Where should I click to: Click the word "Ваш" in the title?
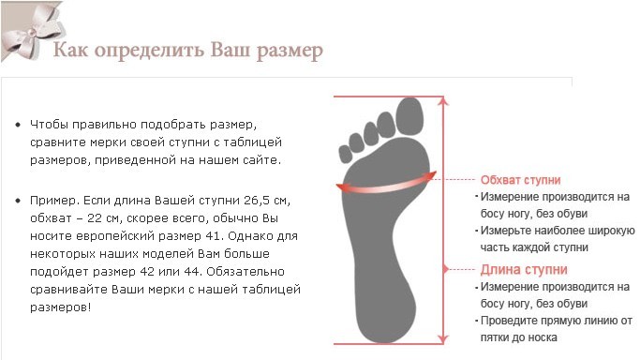click(x=231, y=50)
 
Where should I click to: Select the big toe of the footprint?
click(x=409, y=116)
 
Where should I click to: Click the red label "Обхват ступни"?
click(x=520, y=180)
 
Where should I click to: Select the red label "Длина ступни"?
click(x=524, y=270)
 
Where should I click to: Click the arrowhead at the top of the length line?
click(x=443, y=101)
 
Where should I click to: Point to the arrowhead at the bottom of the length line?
click(x=443, y=339)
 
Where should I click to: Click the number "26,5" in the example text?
click(x=257, y=201)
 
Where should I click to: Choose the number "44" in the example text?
click(x=193, y=272)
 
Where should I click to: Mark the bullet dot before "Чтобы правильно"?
click(x=18, y=125)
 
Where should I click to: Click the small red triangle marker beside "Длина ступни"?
click(x=446, y=269)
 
